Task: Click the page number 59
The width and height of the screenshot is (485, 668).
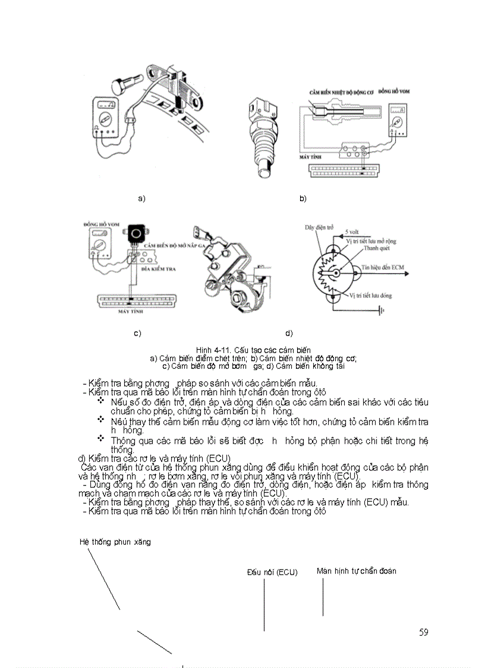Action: point(423,632)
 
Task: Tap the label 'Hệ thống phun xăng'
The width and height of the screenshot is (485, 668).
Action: point(115,542)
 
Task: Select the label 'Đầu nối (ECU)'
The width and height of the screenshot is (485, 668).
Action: point(272,572)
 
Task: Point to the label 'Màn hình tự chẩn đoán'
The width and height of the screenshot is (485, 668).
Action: point(356,570)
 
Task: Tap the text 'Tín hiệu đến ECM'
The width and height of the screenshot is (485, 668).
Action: point(383,268)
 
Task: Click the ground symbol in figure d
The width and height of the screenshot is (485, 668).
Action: point(383,310)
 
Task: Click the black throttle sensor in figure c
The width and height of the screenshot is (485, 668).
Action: point(138,233)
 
